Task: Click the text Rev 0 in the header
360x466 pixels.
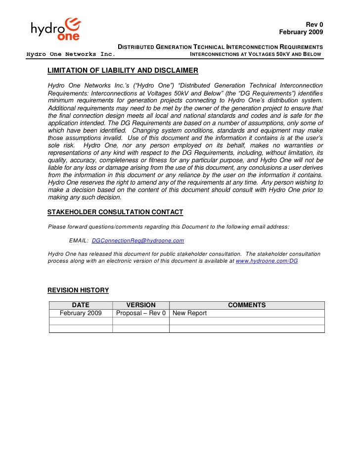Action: pos(314,25)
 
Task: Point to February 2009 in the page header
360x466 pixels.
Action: pos(301,32)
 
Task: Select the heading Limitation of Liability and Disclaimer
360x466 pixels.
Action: pos(123,70)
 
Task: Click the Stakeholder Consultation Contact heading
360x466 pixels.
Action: pos(115,212)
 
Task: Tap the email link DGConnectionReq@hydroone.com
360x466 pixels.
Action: pos(138,240)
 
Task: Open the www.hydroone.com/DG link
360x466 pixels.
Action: pos(267,260)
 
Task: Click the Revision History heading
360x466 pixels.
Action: pos(78,290)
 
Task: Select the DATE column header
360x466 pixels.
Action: pos(81,305)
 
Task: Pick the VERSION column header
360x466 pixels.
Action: pos(141,305)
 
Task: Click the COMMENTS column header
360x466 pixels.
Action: pos(247,305)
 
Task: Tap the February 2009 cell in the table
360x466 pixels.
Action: pos(81,313)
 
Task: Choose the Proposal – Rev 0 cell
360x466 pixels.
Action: pos(141,313)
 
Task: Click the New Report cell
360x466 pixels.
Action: pos(190,313)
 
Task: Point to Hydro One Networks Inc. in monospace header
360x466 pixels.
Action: pos(71,54)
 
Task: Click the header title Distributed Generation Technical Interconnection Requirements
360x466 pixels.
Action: pos(220,46)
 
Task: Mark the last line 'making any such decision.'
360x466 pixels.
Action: pos(85,197)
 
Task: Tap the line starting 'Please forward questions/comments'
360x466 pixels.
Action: pos(169,227)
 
